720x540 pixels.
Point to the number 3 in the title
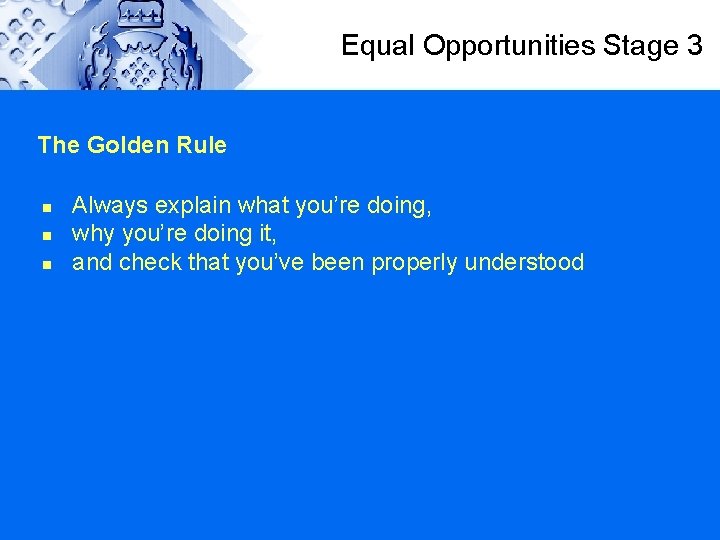tap(695, 46)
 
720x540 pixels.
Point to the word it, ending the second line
tap(265, 234)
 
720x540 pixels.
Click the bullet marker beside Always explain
tap(46, 208)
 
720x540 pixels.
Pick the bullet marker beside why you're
tap(46, 236)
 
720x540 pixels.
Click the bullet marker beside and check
tap(46, 265)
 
